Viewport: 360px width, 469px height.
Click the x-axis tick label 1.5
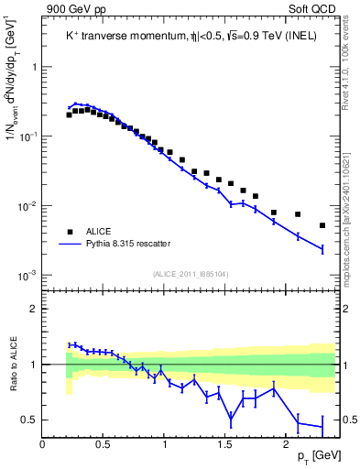pos(224,444)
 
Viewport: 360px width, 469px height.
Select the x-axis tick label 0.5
pos(104,444)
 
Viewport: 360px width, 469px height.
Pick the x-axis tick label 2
pos(286,444)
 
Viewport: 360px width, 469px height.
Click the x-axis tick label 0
pos(43,444)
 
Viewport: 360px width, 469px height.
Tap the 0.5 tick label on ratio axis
pos(27,420)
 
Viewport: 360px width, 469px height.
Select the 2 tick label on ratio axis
pos(33,310)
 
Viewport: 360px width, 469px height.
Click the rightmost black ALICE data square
pos(322,225)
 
